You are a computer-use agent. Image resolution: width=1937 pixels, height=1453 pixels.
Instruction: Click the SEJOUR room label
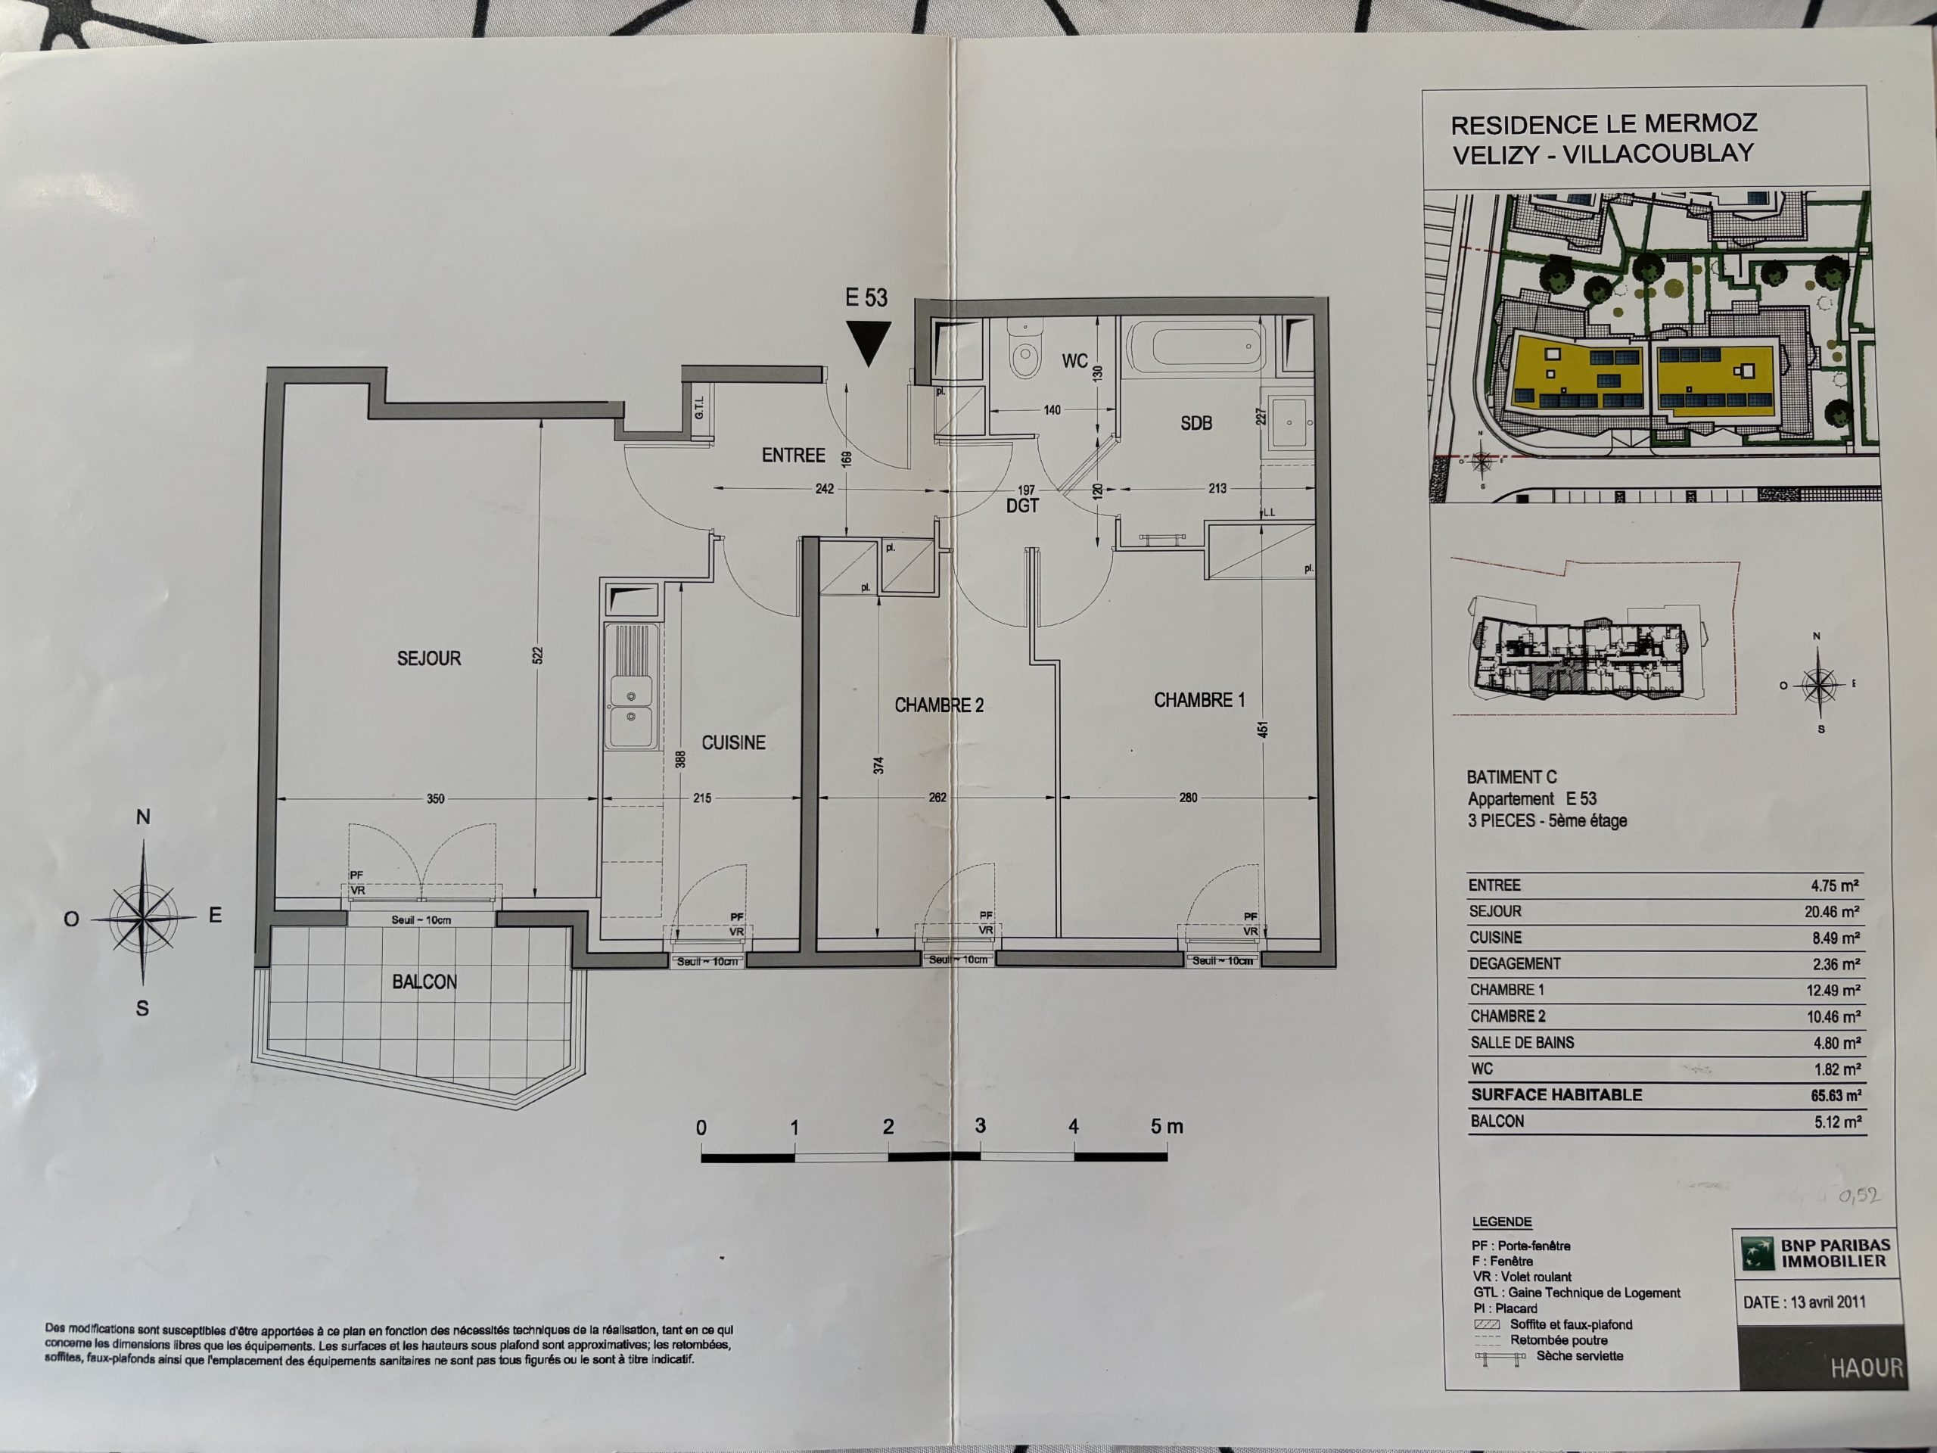click(428, 658)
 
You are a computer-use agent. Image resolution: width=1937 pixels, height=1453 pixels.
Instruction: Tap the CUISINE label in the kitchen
click(733, 742)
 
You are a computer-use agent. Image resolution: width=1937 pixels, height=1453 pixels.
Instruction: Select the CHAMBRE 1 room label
click(1199, 700)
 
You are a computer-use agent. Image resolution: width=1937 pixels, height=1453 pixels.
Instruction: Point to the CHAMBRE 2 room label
click(939, 705)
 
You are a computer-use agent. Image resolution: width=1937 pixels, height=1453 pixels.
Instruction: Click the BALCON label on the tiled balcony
click(424, 982)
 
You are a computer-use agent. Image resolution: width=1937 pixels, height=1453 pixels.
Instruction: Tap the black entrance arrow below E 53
click(869, 343)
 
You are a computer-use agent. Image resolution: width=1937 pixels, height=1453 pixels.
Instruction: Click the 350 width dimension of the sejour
click(435, 798)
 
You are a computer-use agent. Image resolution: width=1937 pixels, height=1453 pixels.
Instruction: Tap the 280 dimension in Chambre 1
click(1187, 798)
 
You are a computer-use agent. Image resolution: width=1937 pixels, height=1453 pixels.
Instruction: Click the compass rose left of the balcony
click(144, 917)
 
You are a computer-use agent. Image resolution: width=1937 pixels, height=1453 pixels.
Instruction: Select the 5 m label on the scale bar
click(1167, 1126)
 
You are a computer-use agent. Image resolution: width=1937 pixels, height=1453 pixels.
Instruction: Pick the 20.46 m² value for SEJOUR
click(1835, 911)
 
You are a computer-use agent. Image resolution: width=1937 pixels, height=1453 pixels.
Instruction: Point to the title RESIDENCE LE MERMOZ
click(1604, 123)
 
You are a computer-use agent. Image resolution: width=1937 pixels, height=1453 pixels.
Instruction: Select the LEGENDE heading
click(1502, 1221)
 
